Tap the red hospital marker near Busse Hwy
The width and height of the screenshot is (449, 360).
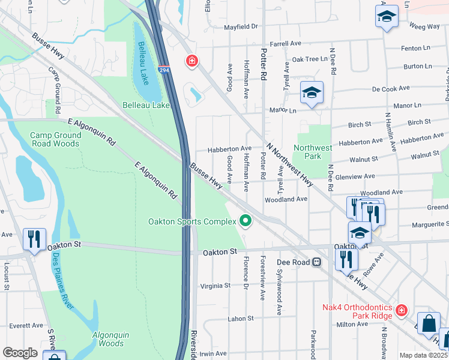(x=191, y=61)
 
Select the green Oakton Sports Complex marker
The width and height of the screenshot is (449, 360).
(x=245, y=221)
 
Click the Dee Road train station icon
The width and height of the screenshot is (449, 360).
(x=316, y=262)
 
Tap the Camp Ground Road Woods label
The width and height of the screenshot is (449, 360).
(x=55, y=139)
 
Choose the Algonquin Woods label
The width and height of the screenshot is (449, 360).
(x=111, y=339)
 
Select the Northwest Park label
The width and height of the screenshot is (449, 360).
(x=312, y=152)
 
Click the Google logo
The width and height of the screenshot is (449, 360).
(x=20, y=353)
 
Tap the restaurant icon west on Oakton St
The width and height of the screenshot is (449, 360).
(x=34, y=239)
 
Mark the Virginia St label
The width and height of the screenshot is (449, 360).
(x=215, y=286)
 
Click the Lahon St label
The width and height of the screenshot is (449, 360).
(x=241, y=318)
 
